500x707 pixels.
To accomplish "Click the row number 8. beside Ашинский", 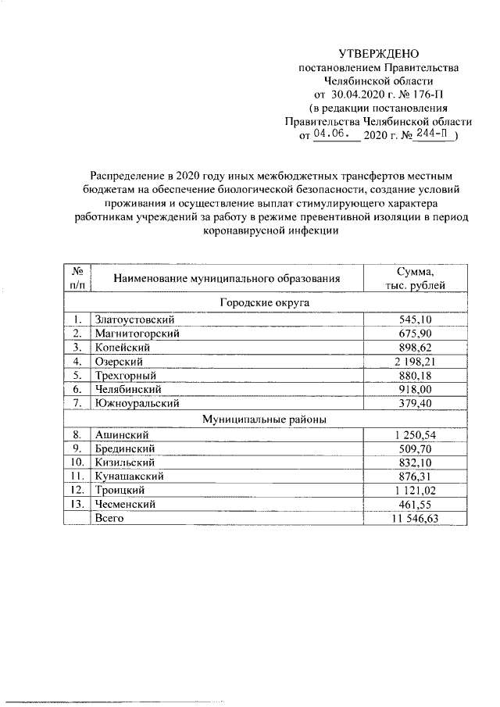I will point(77,434).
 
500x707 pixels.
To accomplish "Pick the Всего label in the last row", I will point(109,518).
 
